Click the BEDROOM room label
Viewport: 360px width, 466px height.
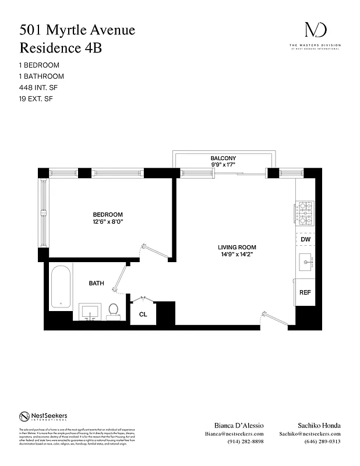[x=108, y=214]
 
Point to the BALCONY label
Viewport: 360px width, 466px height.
[x=223, y=158]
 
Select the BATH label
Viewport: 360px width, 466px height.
[x=96, y=284]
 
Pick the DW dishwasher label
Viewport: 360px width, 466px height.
[x=305, y=239]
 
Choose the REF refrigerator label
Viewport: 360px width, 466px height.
[x=305, y=292]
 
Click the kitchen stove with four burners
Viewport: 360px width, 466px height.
[x=305, y=213]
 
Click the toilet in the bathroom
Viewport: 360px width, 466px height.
[x=114, y=312]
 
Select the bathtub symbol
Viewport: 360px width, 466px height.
[x=61, y=288]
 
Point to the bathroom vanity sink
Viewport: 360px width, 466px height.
[x=90, y=312]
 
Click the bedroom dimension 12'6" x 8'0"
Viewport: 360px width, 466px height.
[x=108, y=222]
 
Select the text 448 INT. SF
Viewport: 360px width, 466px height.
[x=37, y=87]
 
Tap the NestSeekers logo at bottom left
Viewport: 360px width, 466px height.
[x=43, y=416]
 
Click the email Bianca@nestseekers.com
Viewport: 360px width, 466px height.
[x=234, y=434]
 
